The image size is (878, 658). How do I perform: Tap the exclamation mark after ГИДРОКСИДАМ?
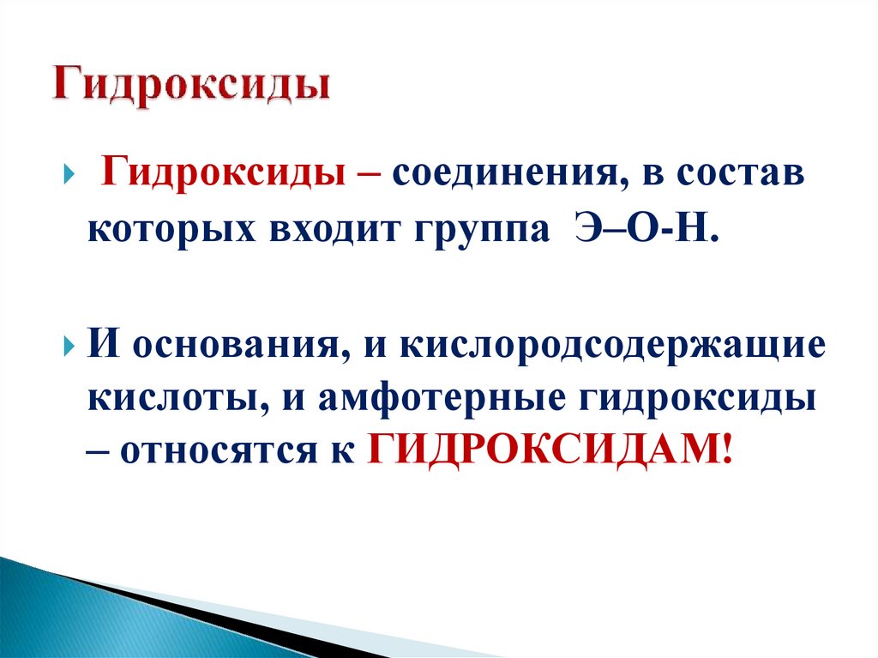[728, 449]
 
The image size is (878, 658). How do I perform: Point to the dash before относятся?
[98, 451]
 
